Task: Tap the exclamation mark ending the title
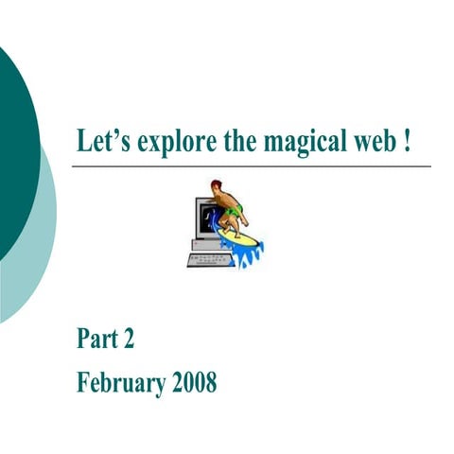pyautogui.click(x=407, y=140)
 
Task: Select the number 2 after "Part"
pyautogui.click(x=136, y=338)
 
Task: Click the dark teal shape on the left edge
pyautogui.click(x=14, y=142)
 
